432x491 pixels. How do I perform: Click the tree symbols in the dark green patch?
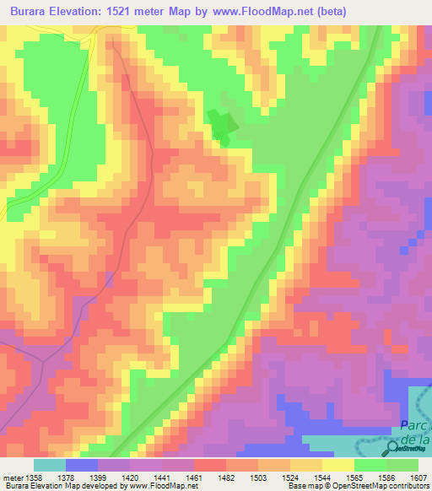[221, 127]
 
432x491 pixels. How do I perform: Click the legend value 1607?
[418, 477]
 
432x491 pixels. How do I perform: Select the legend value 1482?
[227, 477]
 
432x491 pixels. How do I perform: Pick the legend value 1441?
[161, 477]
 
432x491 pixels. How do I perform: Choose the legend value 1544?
[321, 477]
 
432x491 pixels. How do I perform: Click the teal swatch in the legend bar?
[50, 465]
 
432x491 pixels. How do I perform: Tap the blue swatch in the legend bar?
[82, 465]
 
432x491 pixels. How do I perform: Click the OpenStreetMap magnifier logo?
[394, 448]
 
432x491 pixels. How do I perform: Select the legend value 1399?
[98, 477]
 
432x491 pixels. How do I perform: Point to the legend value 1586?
[385, 477]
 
